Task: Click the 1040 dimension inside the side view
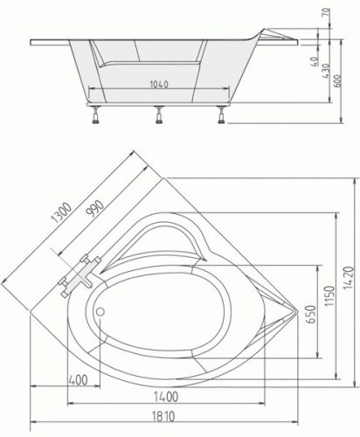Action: (x=157, y=86)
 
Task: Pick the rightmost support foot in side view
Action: (x=222, y=114)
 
